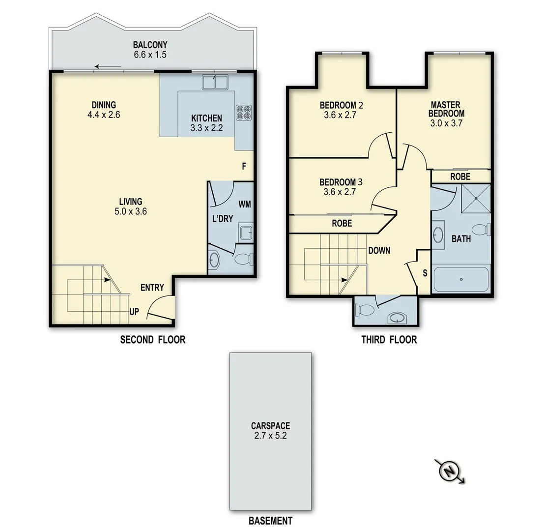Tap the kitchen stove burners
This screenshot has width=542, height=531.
click(x=244, y=113)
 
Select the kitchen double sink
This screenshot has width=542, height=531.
click(x=215, y=82)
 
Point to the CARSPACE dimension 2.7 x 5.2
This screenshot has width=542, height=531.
click(x=270, y=435)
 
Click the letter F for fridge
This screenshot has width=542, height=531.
click(x=244, y=166)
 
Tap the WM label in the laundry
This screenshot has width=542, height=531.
click(x=245, y=204)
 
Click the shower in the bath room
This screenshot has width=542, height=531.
click(x=476, y=199)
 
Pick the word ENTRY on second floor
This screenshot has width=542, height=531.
click(x=152, y=288)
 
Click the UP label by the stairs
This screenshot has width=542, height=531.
click(x=134, y=312)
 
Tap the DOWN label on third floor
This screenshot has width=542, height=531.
click(x=379, y=251)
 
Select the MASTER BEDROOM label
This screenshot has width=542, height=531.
click(x=445, y=109)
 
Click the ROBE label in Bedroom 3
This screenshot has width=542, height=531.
click(x=342, y=223)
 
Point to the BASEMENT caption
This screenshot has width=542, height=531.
click(x=270, y=521)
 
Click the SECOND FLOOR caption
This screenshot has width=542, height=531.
click(x=153, y=339)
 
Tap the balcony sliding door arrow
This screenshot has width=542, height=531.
click(x=109, y=67)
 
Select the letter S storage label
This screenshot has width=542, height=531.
click(x=425, y=273)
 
